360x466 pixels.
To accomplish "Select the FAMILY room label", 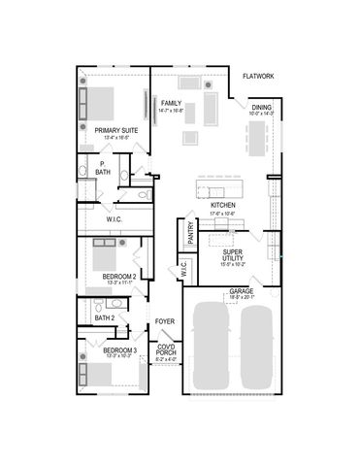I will [172, 102].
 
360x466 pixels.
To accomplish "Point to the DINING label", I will [262, 108].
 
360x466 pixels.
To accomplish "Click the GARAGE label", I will [242, 291].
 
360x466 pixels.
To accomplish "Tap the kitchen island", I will [218, 185].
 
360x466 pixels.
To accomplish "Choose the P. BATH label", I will [102, 168].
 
